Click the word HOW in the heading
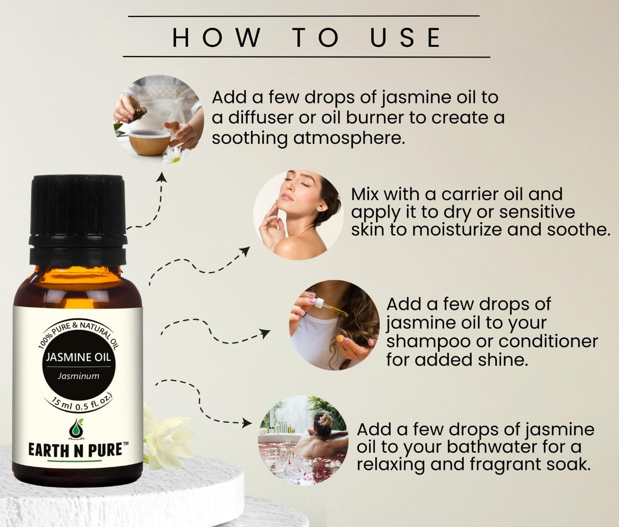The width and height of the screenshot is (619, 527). point(216,38)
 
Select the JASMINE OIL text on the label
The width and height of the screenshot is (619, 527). point(78,357)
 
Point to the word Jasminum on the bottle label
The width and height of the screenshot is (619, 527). point(78,376)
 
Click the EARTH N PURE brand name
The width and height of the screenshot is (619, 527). point(75,450)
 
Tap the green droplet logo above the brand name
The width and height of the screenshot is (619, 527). point(75,428)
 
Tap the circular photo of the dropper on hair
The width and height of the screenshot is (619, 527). point(334,325)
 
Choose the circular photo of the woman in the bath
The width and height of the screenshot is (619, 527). point(303,440)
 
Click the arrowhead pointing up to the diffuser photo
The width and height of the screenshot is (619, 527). point(162,177)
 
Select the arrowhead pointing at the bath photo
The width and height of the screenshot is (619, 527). point(248,423)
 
